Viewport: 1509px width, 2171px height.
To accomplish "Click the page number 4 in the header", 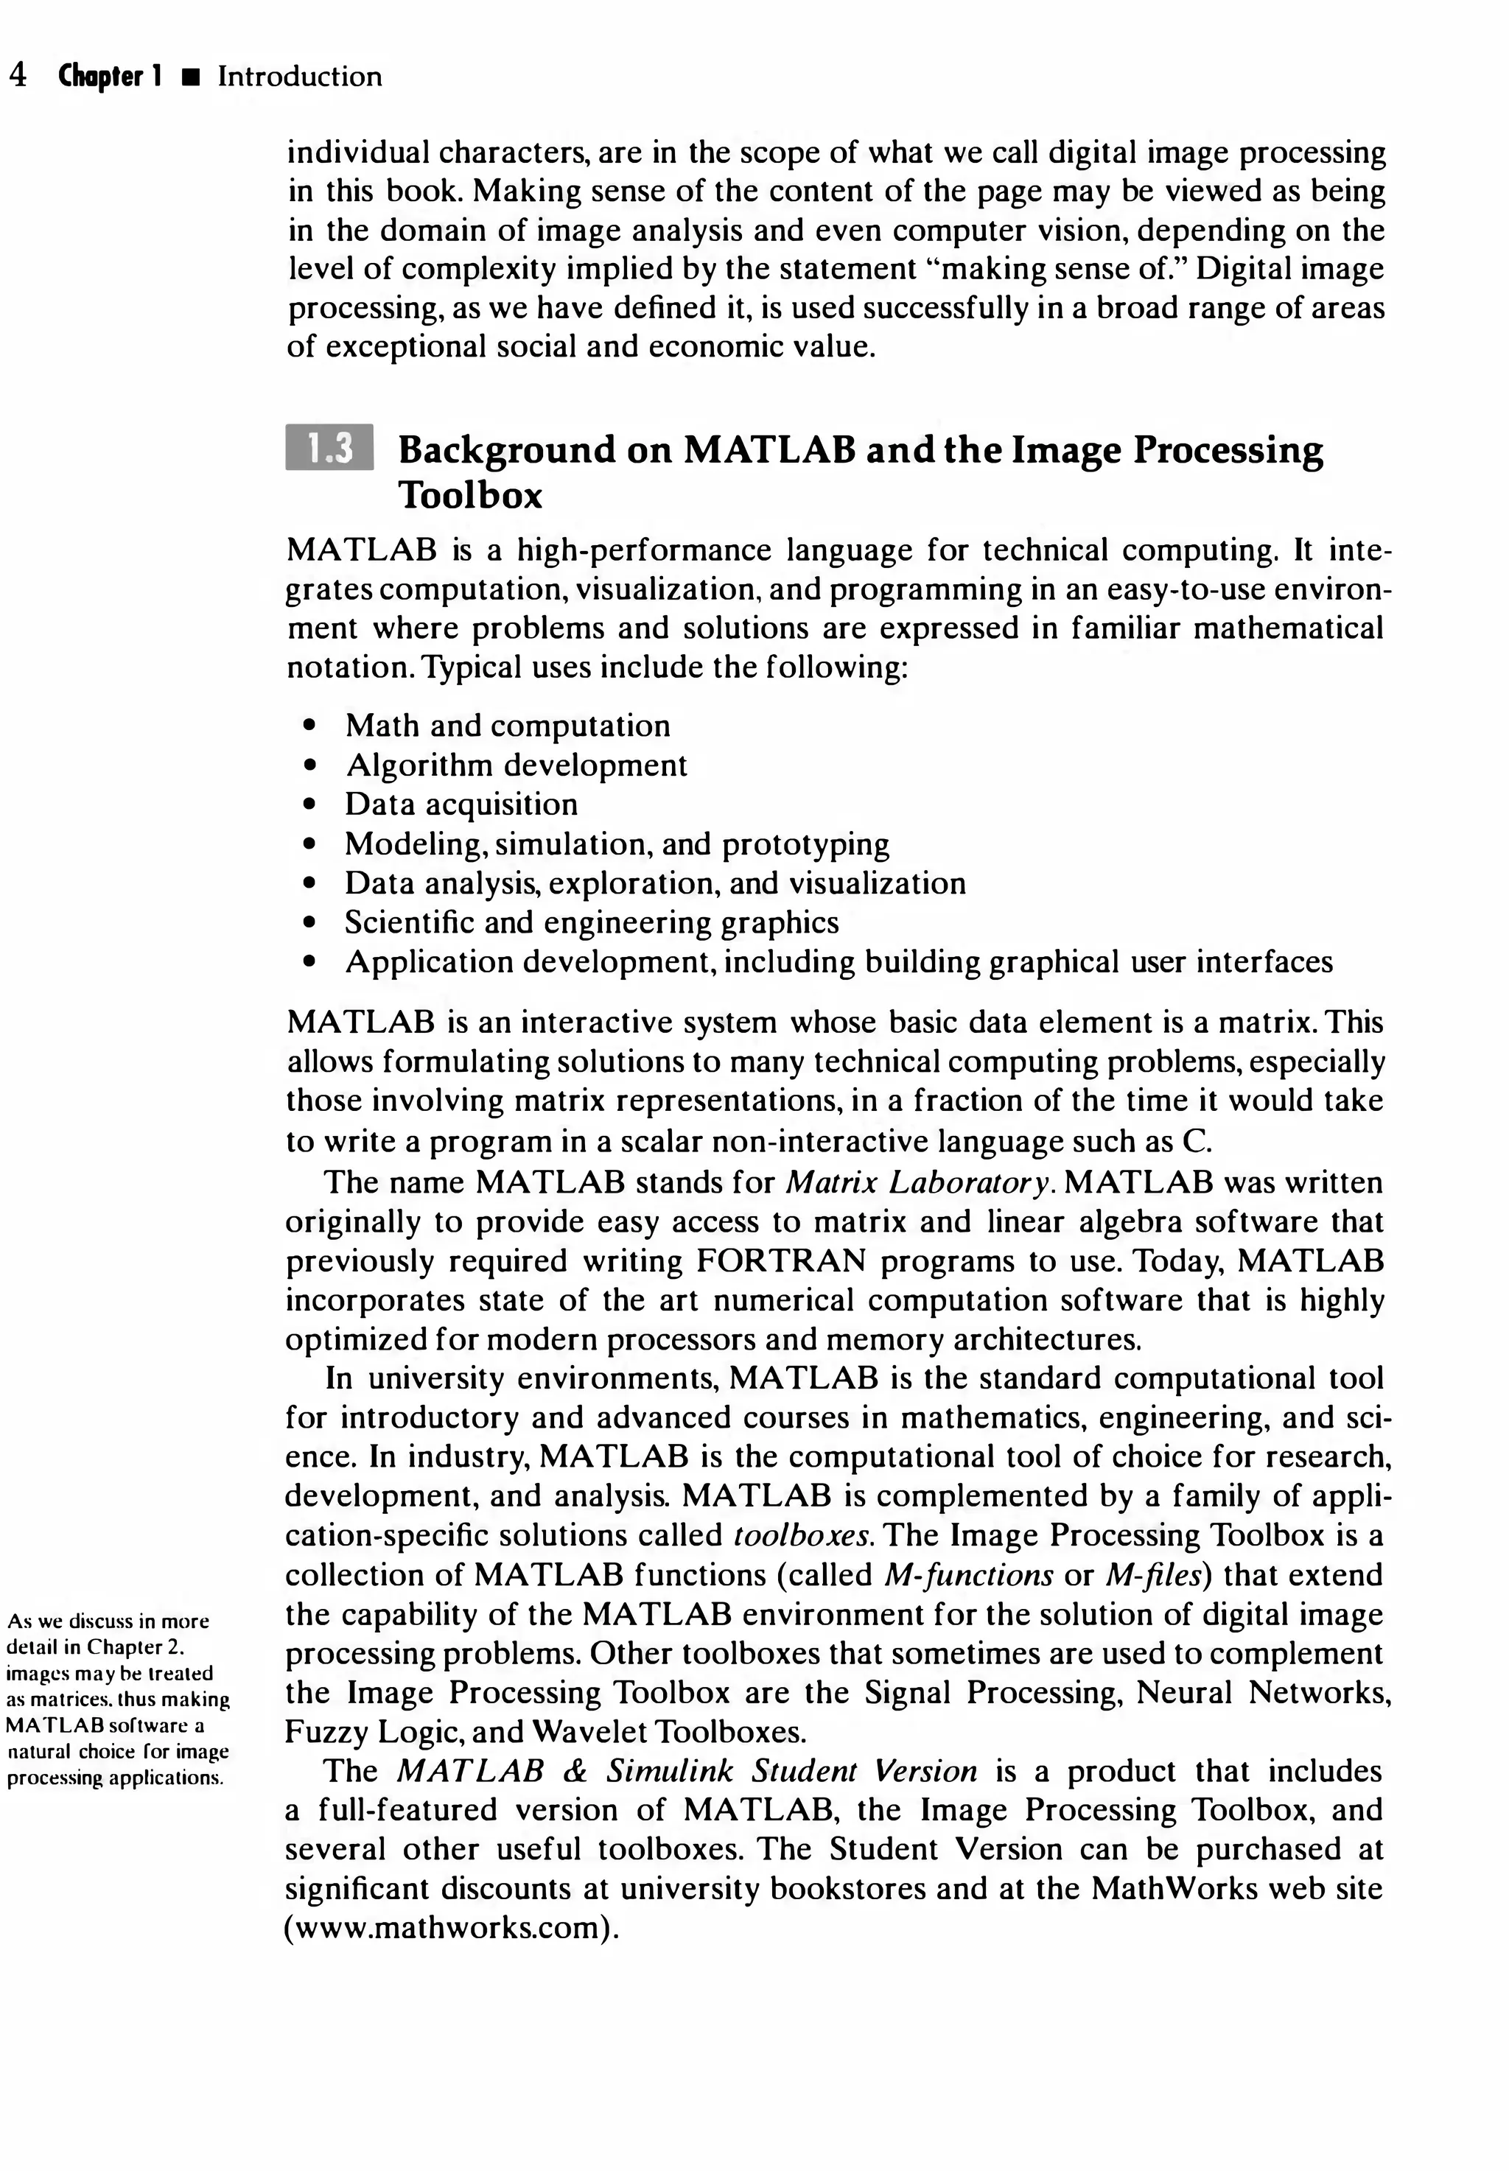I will point(17,76).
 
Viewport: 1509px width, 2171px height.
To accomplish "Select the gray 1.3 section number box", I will point(329,448).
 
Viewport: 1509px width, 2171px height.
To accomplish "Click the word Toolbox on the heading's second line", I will point(470,495).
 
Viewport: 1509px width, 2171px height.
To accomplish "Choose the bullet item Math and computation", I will point(508,726).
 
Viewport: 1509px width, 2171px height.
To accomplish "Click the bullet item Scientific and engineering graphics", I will point(592,922).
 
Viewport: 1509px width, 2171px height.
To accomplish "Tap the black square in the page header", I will point(192,77).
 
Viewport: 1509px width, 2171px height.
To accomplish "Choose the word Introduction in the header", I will point(300,76).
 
